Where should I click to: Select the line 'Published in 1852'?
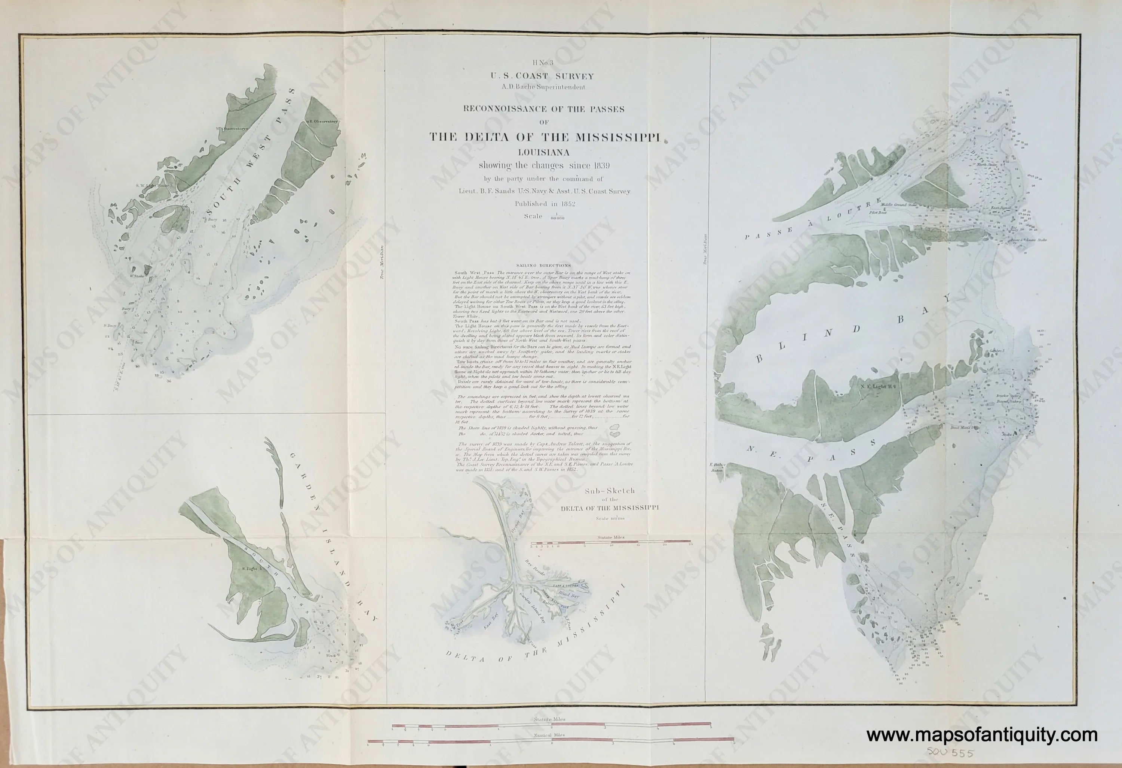pos(545,204)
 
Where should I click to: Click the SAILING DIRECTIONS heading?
pos(543,265)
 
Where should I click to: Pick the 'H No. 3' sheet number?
pos(543,63)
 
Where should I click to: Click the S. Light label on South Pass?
pos(251,569)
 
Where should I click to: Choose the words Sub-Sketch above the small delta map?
pos(610,491)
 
